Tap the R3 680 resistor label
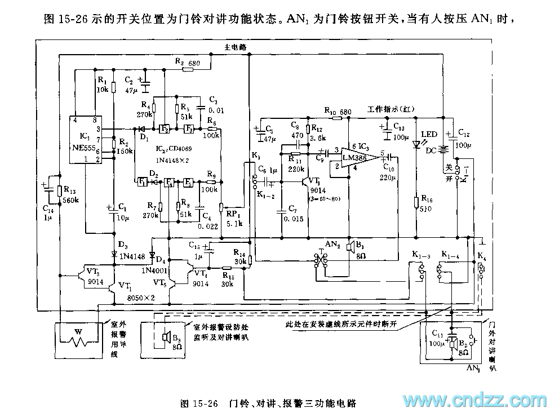pos(187,63)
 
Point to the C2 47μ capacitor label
pos(131,85)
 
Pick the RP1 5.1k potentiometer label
pos(234,218)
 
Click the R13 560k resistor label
pos(70,194)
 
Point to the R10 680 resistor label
pos(338,111)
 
